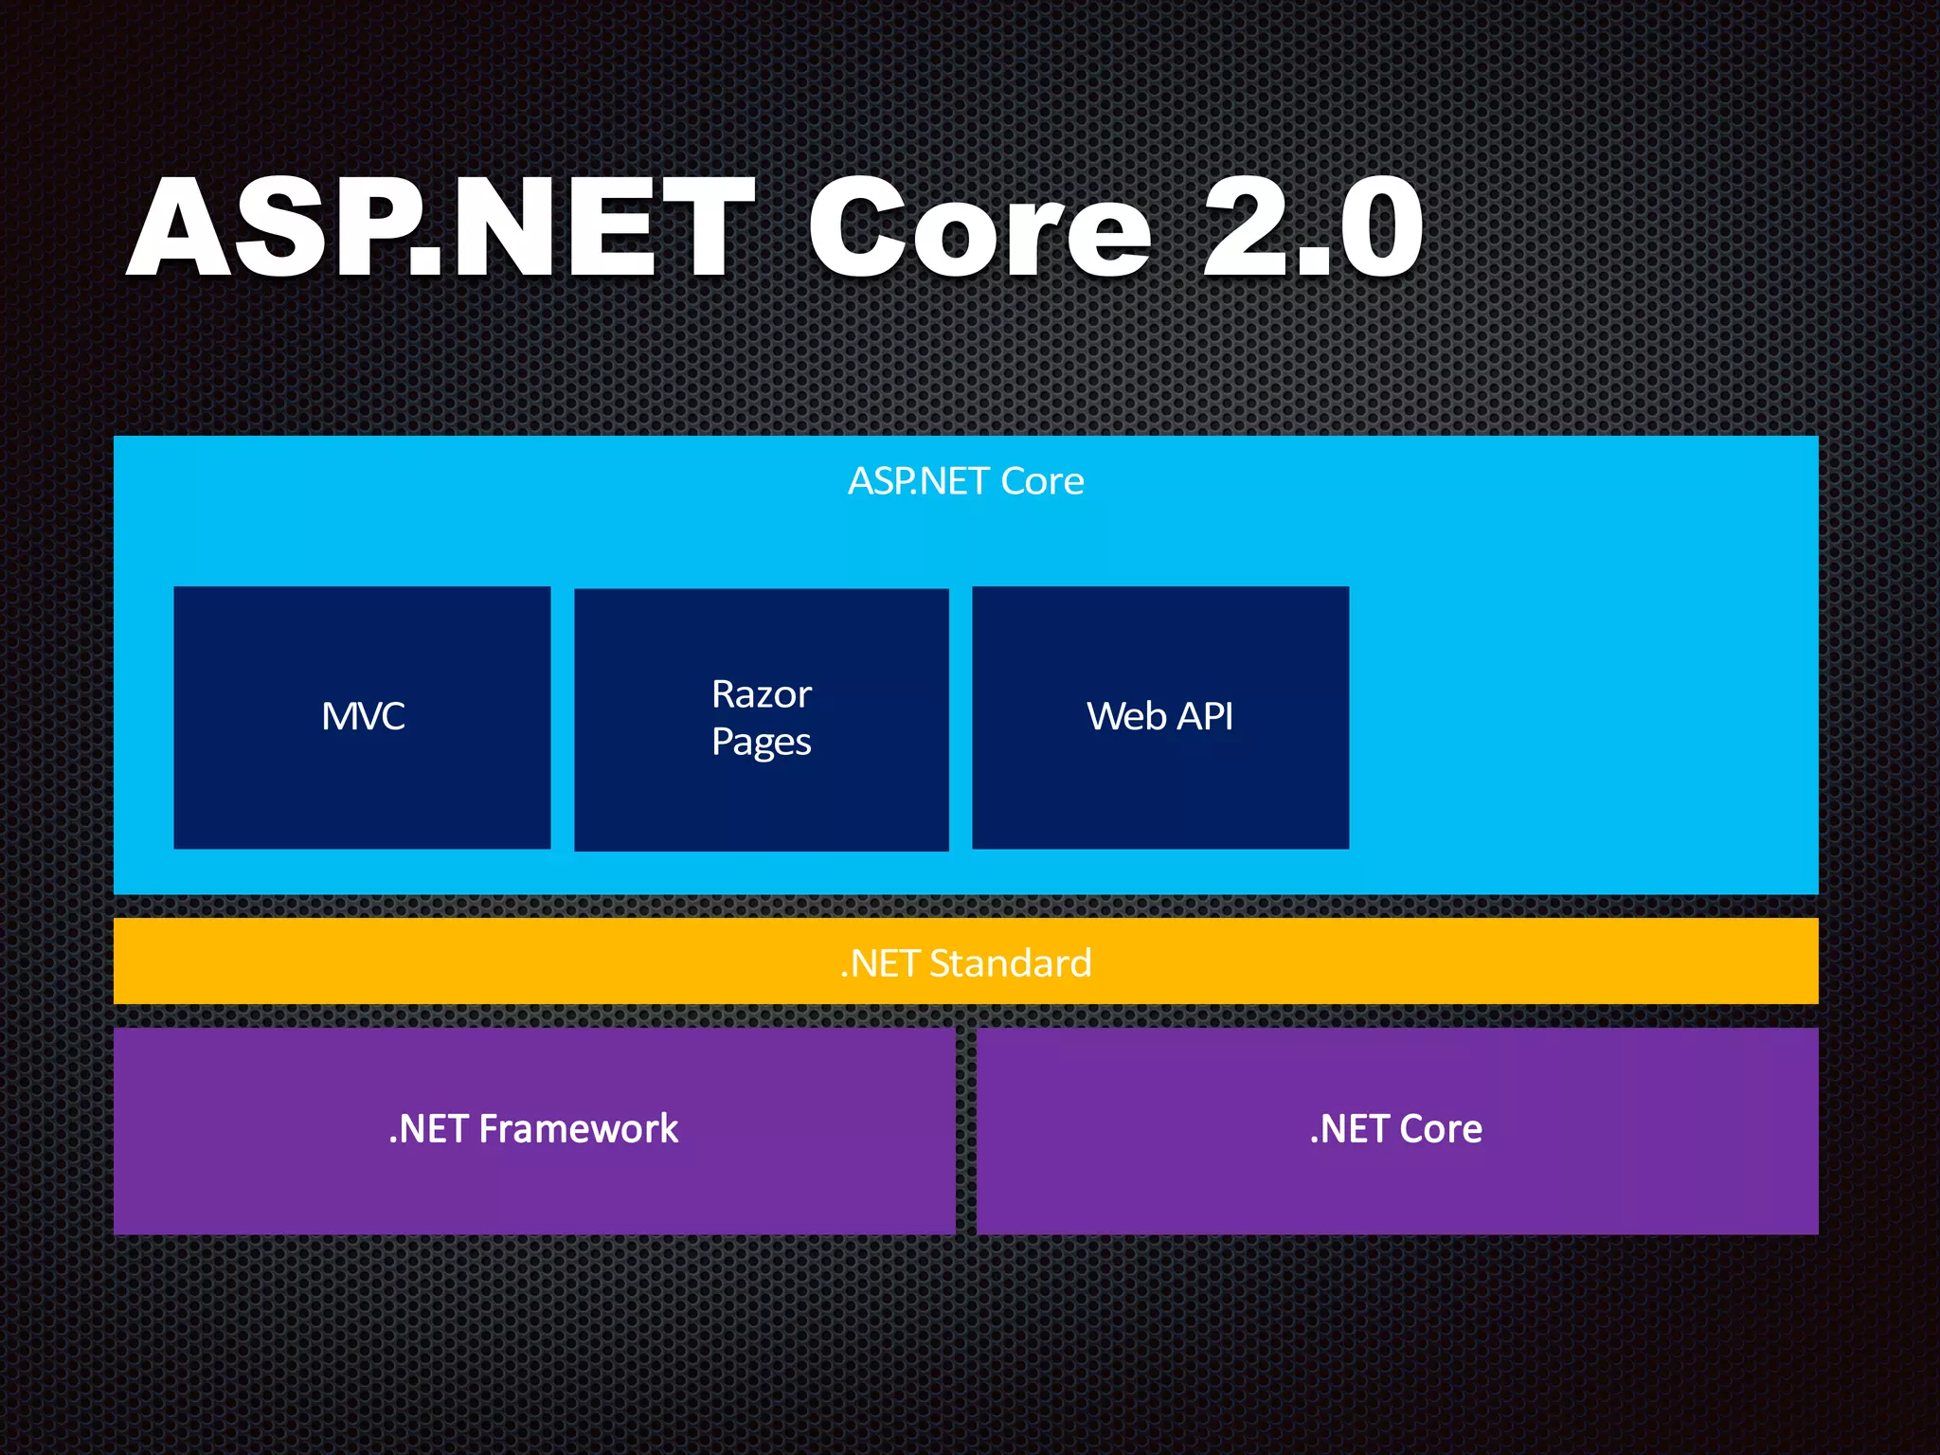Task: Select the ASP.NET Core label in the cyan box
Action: pos(965,481)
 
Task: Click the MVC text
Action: pos(363,716)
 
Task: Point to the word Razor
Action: pos(762,694)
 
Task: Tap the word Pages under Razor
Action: pos(762,742)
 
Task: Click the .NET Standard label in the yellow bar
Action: pos(965,963)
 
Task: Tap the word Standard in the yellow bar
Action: pos(1010,963)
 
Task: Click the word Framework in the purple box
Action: pos(578,1129)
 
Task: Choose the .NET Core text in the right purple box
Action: pos(1395,1129)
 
